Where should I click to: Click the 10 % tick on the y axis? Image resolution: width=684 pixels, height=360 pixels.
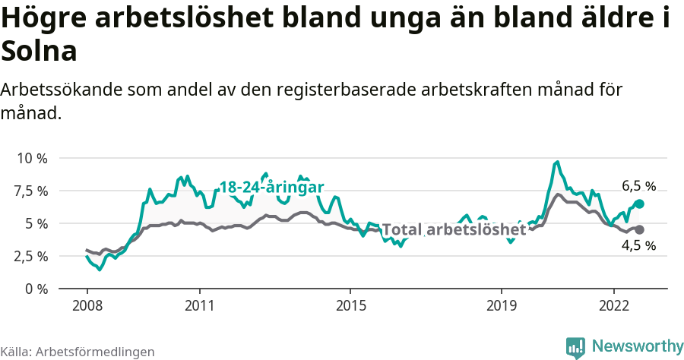[x=32, y=158]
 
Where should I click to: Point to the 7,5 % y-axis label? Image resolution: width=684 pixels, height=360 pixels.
[x=30, y=191]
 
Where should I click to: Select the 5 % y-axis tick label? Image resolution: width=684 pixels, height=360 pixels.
[x=36, y=223]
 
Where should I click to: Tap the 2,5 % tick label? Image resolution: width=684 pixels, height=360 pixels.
[x=30, y=256]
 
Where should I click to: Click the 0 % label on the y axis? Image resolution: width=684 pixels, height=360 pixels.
[x=36, y=289]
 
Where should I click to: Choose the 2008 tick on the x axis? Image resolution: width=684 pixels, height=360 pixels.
[x=87, y=304]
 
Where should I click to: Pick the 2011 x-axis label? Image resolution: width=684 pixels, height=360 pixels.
[x=199, y=304]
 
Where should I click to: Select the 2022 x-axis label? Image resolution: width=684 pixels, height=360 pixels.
[x=613, y=304]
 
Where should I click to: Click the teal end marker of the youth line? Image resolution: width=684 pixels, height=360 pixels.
[x=640, y=204]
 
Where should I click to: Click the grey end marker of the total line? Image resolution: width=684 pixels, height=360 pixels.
[x=640, y=229]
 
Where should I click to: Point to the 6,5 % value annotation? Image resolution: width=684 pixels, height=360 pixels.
[x=638, y=186]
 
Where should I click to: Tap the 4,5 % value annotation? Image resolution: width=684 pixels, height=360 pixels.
[x=638, y=245]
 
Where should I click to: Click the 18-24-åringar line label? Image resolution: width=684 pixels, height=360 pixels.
[x=272, y=187]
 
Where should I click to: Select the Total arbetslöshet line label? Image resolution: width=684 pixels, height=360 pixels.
[x=454, y=229]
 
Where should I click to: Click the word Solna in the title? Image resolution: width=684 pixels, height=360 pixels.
[x=40, y=52]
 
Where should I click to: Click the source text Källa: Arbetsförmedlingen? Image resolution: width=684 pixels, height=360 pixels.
[x=78, y=352]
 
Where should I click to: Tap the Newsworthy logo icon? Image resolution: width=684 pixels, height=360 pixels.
[x=575, y=347]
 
